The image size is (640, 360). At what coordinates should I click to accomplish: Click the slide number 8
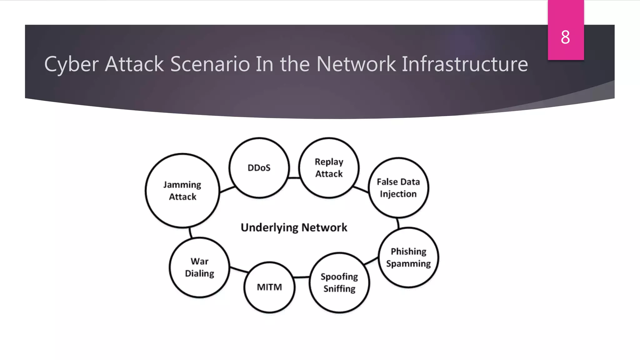point(565,37)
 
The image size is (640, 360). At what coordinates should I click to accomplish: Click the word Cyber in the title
point(71,64)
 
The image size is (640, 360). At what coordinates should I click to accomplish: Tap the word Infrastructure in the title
point(465,64)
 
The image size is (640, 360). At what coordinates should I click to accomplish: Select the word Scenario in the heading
point(210,64)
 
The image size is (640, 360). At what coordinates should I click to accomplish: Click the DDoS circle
point(259,168)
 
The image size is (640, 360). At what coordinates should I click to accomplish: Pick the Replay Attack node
point(329,168)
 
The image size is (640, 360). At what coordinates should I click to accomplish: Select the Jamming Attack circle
point(182,190)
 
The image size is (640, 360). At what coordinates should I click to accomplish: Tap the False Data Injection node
point(398,187)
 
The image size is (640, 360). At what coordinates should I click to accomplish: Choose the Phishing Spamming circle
point(408,257)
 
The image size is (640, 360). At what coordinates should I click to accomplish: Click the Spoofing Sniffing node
point(339,282)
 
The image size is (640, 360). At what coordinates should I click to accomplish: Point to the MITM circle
point(269,287)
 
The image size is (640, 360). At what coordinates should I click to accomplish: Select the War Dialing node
point(199,267)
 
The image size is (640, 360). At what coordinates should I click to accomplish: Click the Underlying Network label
point(294,227)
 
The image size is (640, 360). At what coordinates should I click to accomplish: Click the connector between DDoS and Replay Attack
point(294,178)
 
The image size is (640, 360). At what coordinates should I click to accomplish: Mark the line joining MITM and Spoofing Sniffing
point(302,277)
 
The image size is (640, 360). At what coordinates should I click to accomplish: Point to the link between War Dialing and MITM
point(239,270)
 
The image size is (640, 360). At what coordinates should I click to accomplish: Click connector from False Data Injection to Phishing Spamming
point(398,223)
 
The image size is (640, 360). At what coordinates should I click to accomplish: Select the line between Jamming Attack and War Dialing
point(190,233)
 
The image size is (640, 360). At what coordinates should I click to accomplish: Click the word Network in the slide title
point(356,64)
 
